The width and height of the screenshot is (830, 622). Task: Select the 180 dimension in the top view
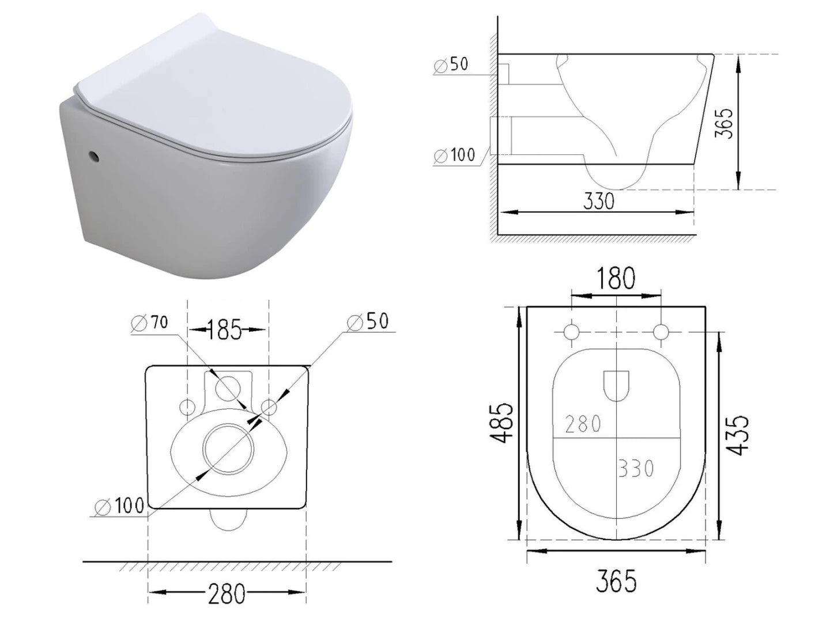click(x=615, y=279)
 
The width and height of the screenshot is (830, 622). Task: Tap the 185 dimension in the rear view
click(x=225, y=330)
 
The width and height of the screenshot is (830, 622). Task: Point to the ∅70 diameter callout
click(x=150, y=323)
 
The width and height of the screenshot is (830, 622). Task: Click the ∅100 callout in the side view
click(x=455, y=155)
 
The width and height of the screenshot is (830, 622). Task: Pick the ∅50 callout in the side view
click(x=452, y=65)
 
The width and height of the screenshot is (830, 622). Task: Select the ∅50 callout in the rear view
click(x=369, y=321)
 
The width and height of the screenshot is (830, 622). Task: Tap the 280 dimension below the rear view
click(x=227, y=593)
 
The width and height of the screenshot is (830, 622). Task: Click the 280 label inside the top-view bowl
click(x=583, y=424)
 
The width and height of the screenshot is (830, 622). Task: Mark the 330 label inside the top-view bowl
click(x=636, y=468)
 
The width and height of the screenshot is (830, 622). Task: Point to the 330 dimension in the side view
click(x=599, y=201)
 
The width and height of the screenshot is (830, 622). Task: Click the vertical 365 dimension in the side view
click(x=726, y=122)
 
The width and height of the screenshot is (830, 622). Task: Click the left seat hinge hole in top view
click(x=571, y=332)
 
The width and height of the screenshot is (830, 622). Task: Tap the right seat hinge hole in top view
click(x=661, y=332)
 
